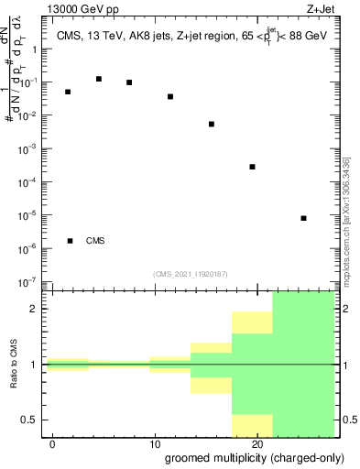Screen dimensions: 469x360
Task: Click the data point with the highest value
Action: click(x=99, y=79)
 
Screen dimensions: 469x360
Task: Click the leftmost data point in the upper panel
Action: click(x=68, y=92)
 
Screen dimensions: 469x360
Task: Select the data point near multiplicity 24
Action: click(x=303, y=218)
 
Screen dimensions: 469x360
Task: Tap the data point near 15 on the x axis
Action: click(x=212, y=124)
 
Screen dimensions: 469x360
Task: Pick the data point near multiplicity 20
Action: click(x=252, y=167)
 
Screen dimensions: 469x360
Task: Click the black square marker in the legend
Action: click(x=71, y=241)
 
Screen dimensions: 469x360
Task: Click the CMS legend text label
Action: click(x=95, y=241)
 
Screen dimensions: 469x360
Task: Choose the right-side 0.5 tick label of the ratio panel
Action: click(x=349, y=420)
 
